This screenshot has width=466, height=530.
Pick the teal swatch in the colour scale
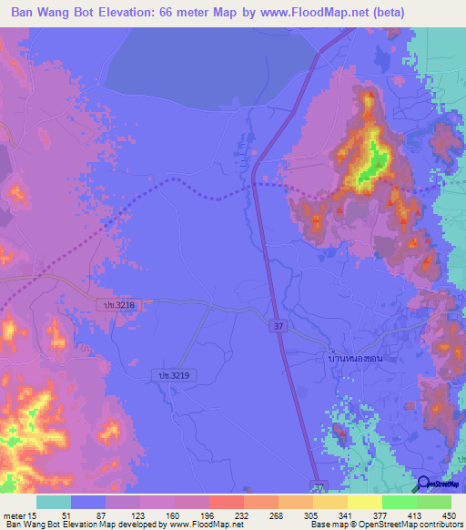[x=54, y=502]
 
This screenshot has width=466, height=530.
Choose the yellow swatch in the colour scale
[x=365, y=502]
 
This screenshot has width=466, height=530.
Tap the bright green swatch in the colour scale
[x=400, y=502]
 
